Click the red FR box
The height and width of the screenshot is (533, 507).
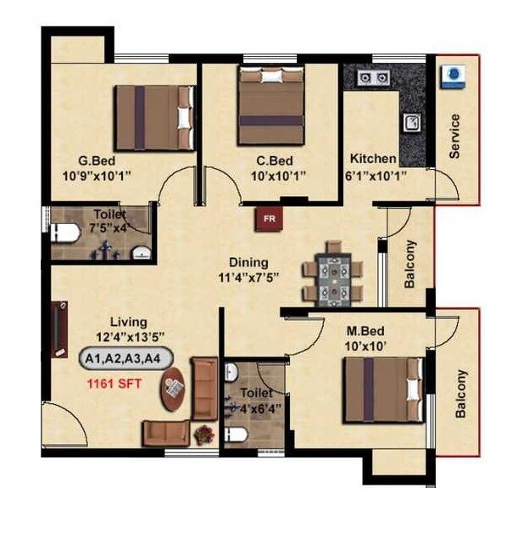pyautogui.click(x=270, y=219)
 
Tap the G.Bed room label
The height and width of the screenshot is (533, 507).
pyautogui.click(x=97, y=160)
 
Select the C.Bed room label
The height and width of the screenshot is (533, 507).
pyautogui.click(x=275, y=160)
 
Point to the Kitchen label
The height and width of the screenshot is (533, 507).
pyautogui.click(x=373, y=159)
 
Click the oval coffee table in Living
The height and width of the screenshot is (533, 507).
pyautogui.click(x=175, y=390)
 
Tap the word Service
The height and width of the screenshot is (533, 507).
pyautogui.click(x=454, y=136)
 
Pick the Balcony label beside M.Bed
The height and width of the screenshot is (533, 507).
pyautogui.click(x=461, y=394)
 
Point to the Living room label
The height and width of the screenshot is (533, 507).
pyautogui.click(x=128, y=322)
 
